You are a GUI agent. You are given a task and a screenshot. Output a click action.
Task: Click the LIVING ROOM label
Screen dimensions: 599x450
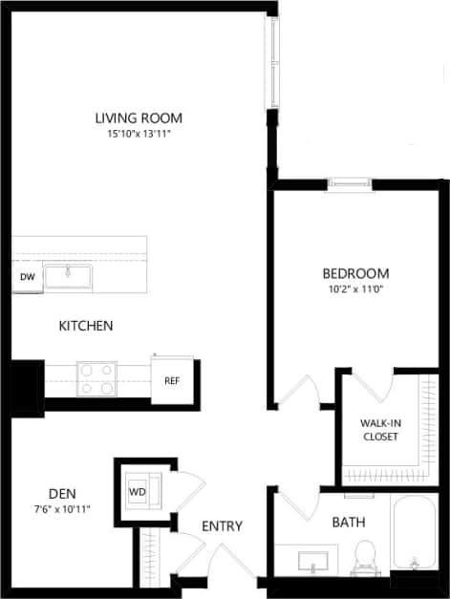(139, 118)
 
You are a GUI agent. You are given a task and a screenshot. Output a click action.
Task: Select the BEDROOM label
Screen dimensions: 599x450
(355, 272)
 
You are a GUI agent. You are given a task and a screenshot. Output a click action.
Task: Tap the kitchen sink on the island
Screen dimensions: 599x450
(69, 276)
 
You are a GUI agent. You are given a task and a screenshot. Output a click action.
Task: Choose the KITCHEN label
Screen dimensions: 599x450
(86, 326)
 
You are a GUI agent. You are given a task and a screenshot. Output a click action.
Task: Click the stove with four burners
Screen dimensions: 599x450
(96, 378)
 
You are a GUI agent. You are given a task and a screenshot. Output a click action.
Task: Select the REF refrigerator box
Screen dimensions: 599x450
(172, 380)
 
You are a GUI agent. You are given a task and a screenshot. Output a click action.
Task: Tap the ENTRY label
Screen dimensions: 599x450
(222, 526)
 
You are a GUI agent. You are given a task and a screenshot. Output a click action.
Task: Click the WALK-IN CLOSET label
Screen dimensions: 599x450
(378, 430)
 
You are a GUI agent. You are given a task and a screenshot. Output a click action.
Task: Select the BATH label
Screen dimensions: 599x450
(348, 523)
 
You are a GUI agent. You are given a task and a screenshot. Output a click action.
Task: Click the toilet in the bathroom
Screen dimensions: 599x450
(364, 556)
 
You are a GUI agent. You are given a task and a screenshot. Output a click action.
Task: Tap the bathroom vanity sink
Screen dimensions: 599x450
(313, 559)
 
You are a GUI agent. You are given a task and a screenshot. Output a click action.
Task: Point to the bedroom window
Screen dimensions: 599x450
(348, 184)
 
